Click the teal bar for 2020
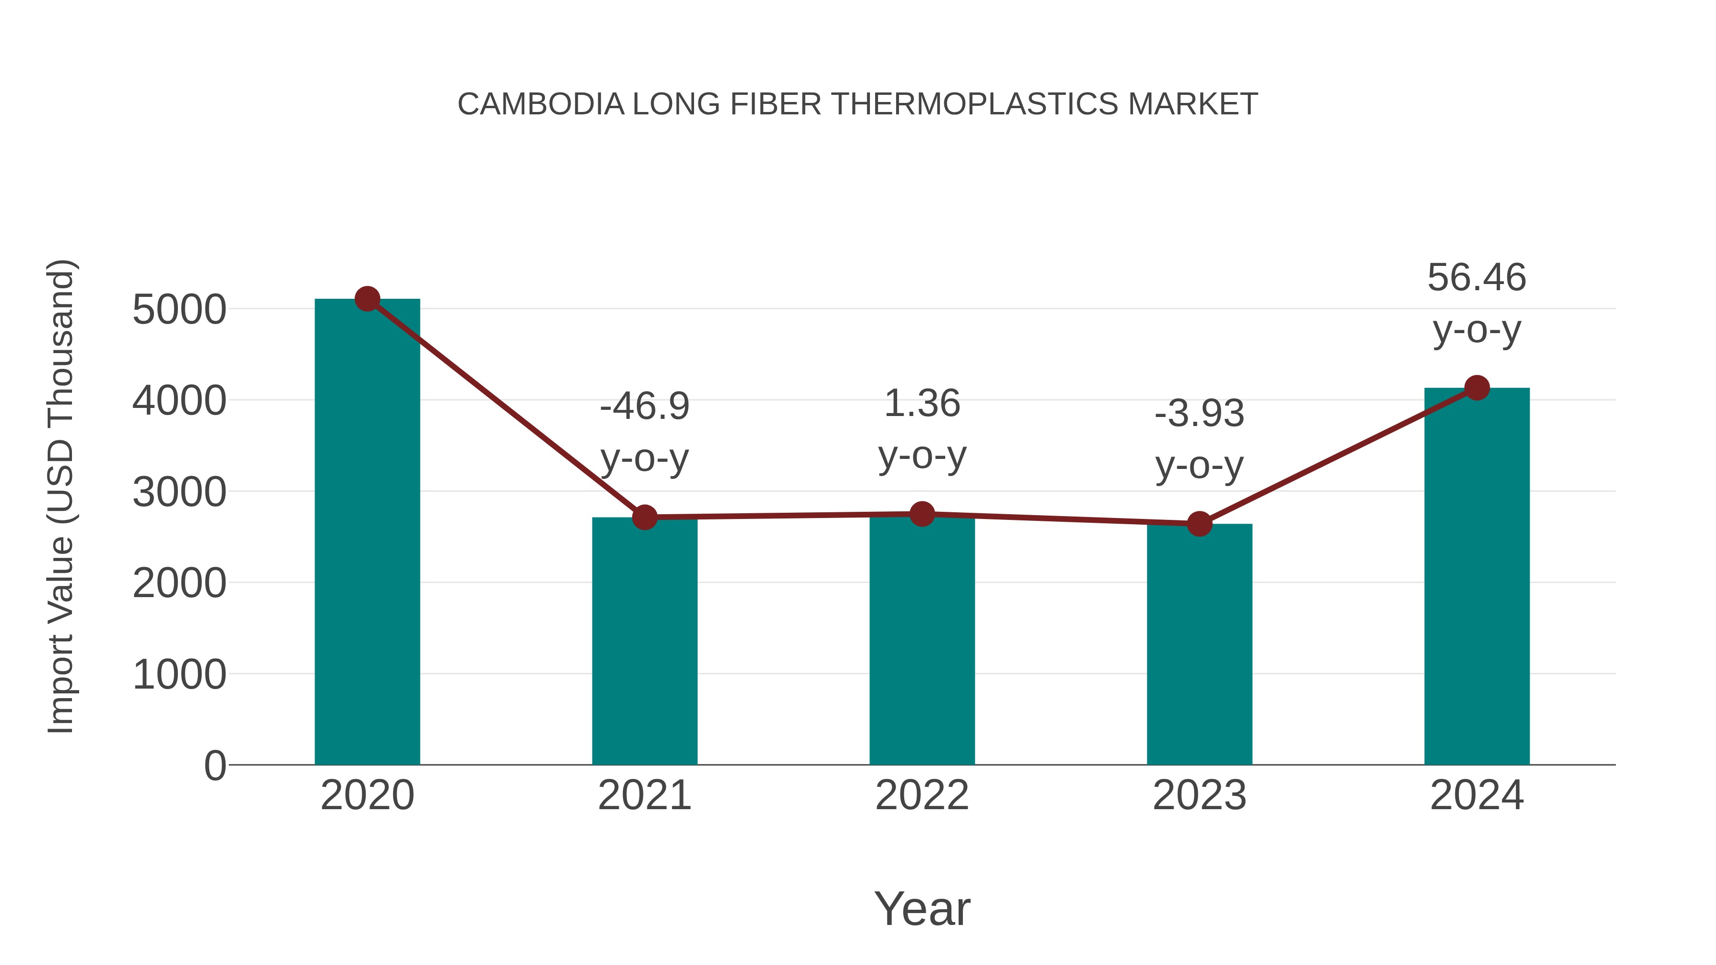(367, 533)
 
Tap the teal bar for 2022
(922, 640)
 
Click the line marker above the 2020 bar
(367, 299)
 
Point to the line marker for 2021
(644, 517)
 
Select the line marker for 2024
(1477, 387)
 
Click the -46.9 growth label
(644, 406)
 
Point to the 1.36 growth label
(922, 404)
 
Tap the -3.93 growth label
(1199, 414)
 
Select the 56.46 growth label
(1477, 278)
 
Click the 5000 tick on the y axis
(179, 310)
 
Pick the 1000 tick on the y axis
(179, 675)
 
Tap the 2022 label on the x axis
(922, 795)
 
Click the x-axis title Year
(922, 908)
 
